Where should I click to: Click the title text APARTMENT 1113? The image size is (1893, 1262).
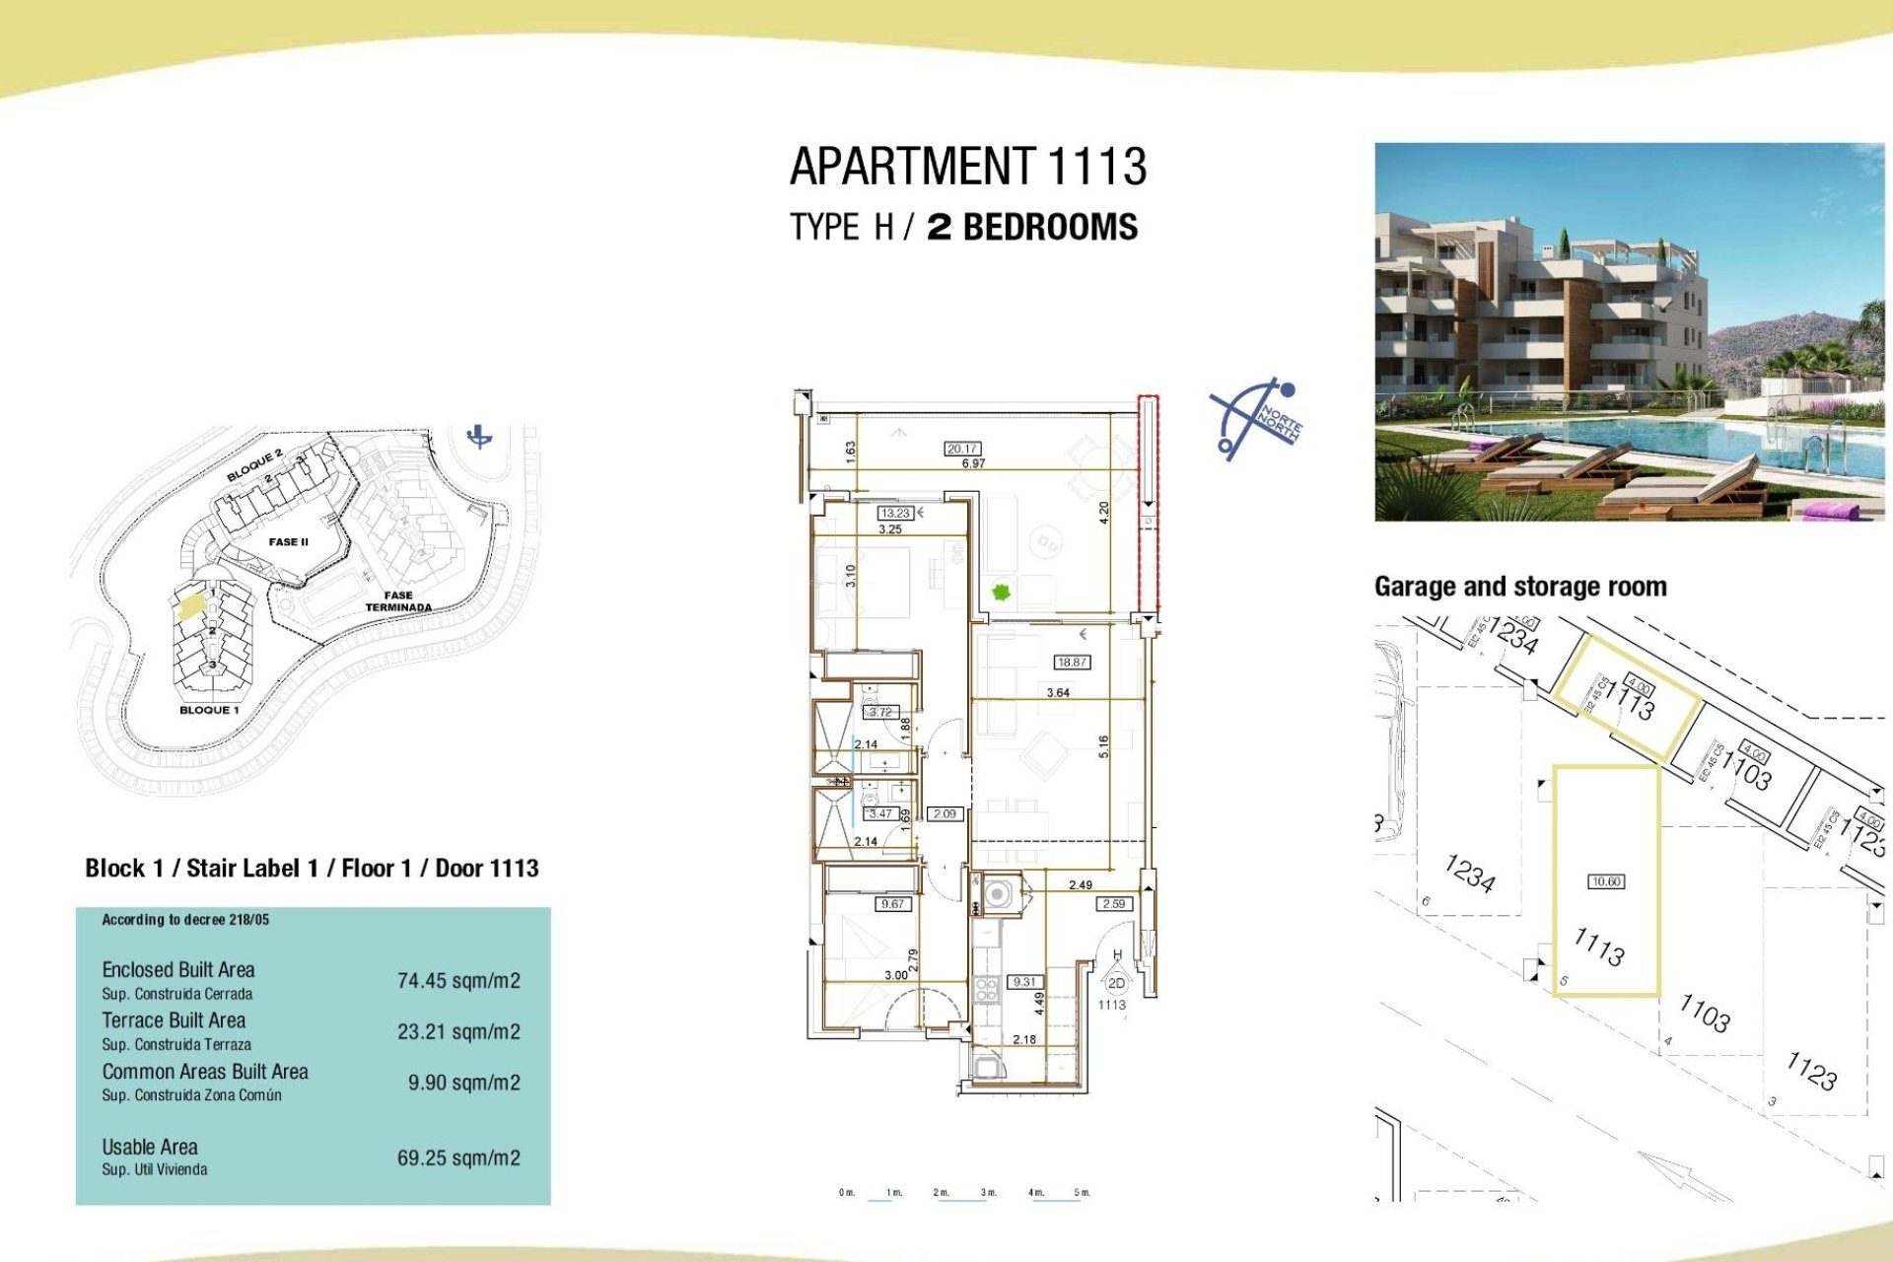pyautogui.click(x=967, y=167)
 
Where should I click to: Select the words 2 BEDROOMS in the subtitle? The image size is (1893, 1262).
pyautogui.click(x=1031, y=228)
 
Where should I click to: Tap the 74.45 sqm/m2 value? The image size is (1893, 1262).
pyautogui.click(x=458, y=981)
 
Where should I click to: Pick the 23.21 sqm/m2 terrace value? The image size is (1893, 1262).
pyautogui.click(x=458, y=1032)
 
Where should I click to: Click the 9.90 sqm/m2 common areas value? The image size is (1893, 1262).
pyautogui.click(x=463, y=1083)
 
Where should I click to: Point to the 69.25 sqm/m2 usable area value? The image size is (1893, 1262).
pyautogui.click(x=458, y=1158)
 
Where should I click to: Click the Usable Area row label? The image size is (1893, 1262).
pyautogui.click(x=150, y=1148)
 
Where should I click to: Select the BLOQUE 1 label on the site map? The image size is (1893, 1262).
pyautogui.click(x=209, y=710)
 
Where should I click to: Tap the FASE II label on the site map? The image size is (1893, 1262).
pyautogui.click(x=288, y=542)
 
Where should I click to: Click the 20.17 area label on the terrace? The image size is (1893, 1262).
pyautogui.click(x=962, y=449)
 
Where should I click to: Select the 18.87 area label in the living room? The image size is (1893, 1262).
pyautogui.click(x=1071, y=663)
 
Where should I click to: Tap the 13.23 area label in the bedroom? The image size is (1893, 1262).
pyautogui.click(x=895, y=513)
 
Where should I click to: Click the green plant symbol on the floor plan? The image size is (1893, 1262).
pyautogui.click(x=1001, y=593)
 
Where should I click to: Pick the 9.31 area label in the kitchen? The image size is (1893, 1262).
pyautogui.click(x=1024, y=982)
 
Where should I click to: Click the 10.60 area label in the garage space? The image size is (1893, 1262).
pyautogui.click(x=1606, y=881)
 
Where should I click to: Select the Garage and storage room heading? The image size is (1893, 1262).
pyautogui.click(x=1520, y=588)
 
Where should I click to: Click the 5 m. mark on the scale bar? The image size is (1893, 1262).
pyautogui.click(x=1083, y=1193)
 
